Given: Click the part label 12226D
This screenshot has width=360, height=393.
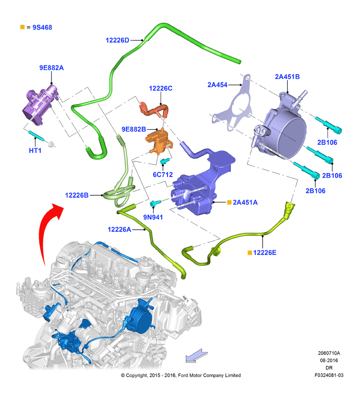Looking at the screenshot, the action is [117, 40].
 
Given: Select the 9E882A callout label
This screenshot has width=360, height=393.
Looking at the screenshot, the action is [51, 68].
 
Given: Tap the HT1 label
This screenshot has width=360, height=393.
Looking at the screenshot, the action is [35, 150].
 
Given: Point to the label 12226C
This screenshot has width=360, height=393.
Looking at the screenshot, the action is [160, 88].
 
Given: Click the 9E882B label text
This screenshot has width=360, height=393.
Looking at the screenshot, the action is [134, 129].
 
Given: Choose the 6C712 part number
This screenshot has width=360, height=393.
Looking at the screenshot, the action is [163, 174].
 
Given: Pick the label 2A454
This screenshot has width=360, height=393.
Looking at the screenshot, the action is [218, 85].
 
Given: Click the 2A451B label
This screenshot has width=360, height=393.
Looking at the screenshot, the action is [287, 77].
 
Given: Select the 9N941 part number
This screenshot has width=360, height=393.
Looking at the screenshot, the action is [153, 217].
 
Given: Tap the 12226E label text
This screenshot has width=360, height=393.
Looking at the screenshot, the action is [265, 252].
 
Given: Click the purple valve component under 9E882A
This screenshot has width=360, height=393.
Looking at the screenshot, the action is [40, 105].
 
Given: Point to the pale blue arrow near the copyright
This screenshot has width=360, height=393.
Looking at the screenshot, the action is [197, 355].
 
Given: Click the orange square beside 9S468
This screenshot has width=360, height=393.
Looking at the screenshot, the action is [22, 27].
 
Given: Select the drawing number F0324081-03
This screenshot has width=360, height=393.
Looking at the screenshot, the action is [329, 375].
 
